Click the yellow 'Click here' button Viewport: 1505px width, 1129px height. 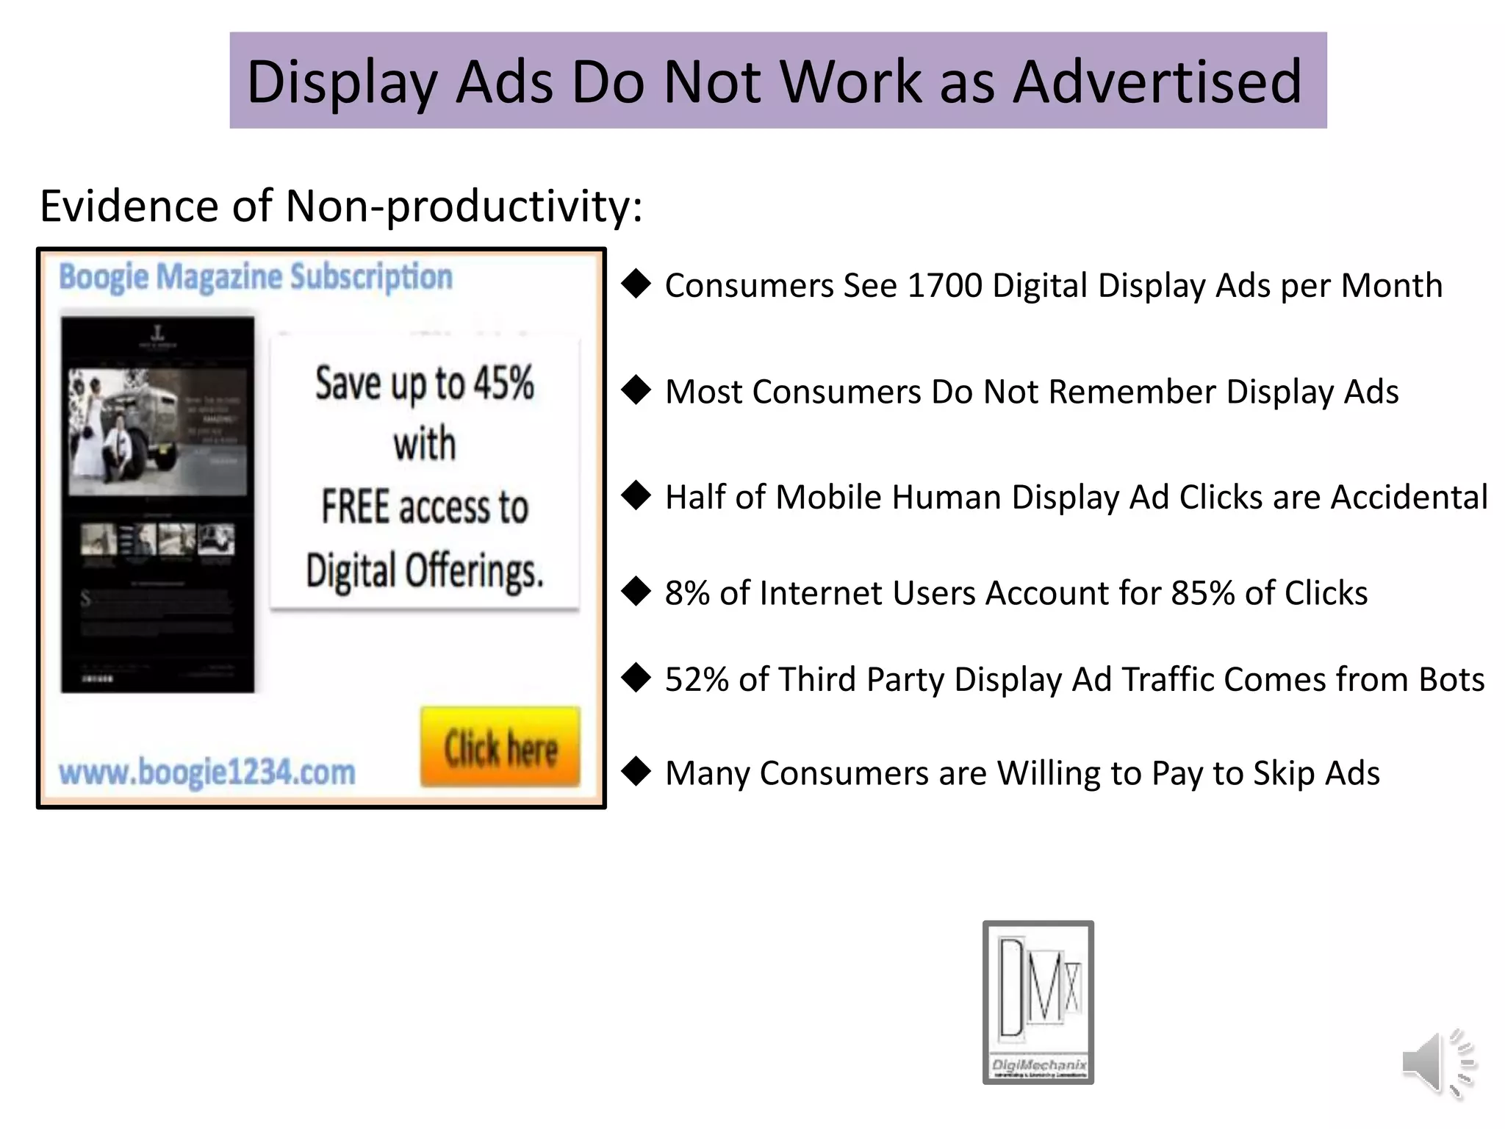click(500, 748)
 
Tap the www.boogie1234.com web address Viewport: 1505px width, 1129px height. click(207, 773)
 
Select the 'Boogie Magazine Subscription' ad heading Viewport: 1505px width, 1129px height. click(256, 277)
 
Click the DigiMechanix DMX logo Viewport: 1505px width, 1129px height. click(1038, 1001)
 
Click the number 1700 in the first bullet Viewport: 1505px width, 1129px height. click(945, 286)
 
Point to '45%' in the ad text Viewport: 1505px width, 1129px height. click(503, 383)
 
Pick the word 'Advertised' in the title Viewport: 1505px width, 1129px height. click(1157, 82)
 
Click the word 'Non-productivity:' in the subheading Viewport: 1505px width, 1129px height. click(464, 206)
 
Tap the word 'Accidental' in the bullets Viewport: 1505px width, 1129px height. click(1409, 498)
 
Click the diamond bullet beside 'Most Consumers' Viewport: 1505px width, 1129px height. click(636, 390)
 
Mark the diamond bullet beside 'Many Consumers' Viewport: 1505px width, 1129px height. click(636, 772)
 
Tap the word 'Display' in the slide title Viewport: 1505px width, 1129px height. click(342, 82)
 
